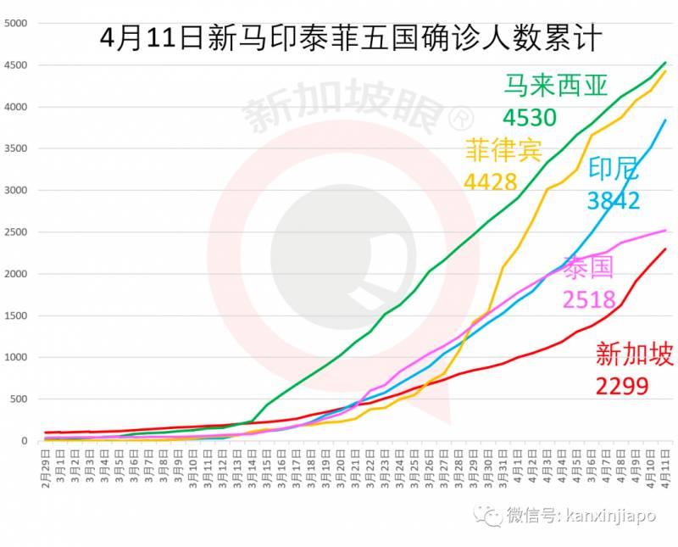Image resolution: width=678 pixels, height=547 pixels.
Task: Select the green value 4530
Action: (x=529, y=116)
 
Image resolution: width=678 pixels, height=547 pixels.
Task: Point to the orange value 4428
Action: (x=491, y=181)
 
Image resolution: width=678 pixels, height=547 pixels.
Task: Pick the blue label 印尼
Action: (x=613, y=168)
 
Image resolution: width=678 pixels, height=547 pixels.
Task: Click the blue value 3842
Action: (x=613, y=199)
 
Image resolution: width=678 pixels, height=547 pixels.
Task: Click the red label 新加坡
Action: (x=635, y=354)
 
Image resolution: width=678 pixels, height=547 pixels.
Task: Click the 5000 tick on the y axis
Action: (x=17, y=23)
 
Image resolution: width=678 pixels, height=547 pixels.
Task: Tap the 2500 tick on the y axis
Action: (x=17, y=232)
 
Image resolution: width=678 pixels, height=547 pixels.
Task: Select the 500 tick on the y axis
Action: (x=20, y=399)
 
